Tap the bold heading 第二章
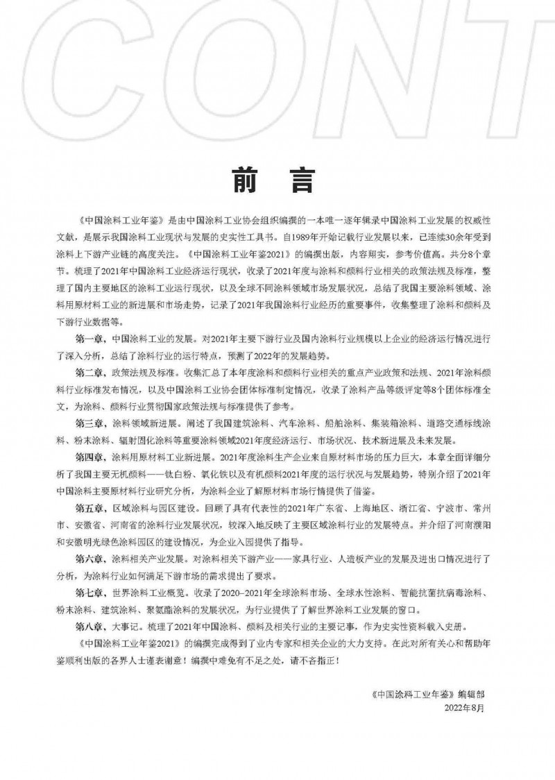(x=89, y=373)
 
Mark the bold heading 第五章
(x=89, y=507)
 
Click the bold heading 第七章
(x=89, y=592)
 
